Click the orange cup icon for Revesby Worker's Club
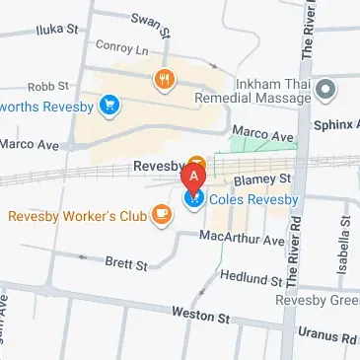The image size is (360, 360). coord(159,214)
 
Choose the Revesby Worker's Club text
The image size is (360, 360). coord(77,214)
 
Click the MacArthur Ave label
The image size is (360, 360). coord(242,239)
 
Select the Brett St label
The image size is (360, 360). coord(126,265)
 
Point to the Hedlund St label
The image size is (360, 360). coord(251,279)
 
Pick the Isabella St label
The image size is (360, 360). coord(346,243)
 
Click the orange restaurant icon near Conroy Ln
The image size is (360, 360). coord(161,78)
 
